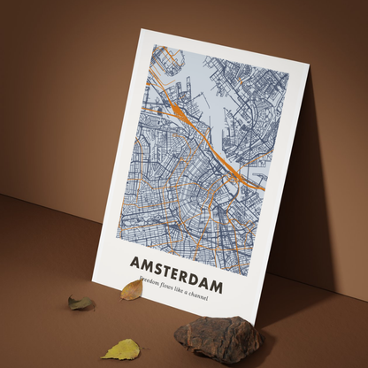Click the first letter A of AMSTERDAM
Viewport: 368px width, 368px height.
pos(134,260)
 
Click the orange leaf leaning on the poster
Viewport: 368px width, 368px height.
pos(131,289)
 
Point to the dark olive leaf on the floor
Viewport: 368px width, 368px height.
pos(81,303)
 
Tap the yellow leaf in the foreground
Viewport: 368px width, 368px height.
pos(121,349)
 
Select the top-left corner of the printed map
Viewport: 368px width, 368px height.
pos(150,45)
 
